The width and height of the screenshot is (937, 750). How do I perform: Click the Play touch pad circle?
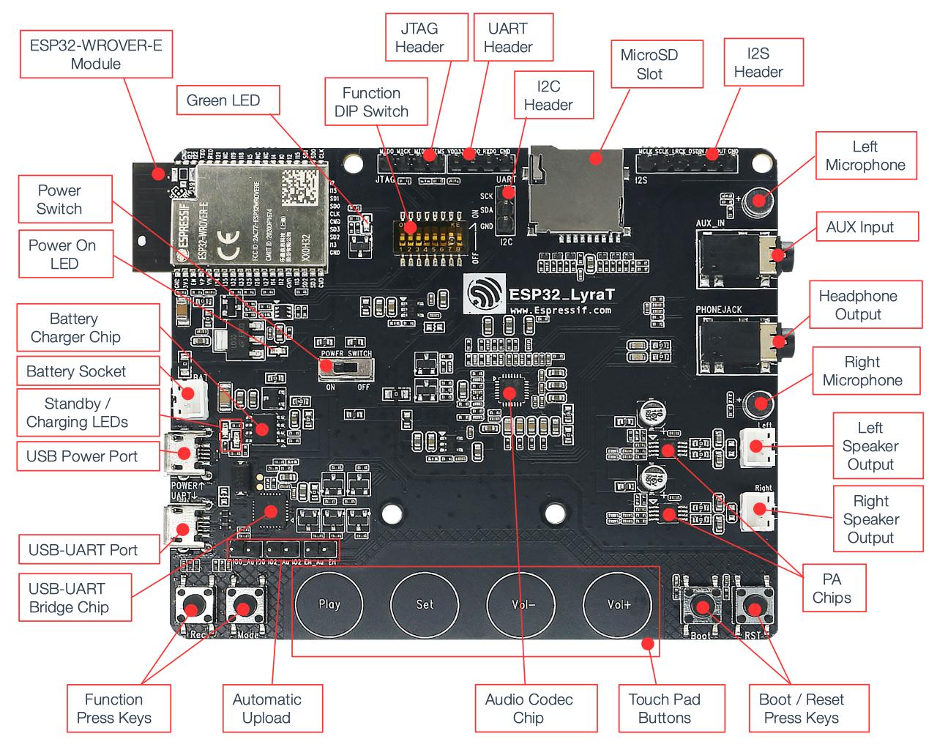coord(329,604)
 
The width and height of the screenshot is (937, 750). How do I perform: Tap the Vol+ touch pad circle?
coord(618,604)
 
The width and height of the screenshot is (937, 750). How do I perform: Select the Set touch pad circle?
coord(425,604)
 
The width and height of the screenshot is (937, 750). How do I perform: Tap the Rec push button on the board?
coord(194,606)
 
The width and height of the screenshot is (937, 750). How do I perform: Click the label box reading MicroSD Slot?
coord(649,64)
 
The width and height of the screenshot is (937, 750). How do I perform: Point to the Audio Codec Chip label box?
coord(529,708)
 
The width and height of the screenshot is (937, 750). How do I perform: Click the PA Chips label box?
coord(832,588)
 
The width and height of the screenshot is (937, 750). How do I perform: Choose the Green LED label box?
coord(223,100)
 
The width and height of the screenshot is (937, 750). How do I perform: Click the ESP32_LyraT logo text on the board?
coord(556,294)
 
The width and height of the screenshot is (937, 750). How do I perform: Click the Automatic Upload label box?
coord(266,708)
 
